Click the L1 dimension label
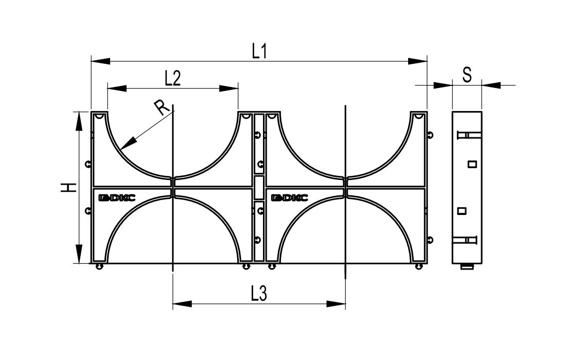(x=259, y=51)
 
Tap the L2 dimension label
(x=172, y=78)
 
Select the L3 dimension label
(x=259, y=294)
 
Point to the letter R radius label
(x=162, y=107)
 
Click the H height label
(x=68, y=187)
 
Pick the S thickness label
(x=467, y=75)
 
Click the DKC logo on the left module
(x=117, y=197)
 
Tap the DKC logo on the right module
(x=289, y=197)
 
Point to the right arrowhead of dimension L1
(x=418, y=61)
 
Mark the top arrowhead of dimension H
(x=78, y=121)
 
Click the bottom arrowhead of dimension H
(x=78, y=254)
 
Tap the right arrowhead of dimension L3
(x=336, y=304)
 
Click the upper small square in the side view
(x=472, y=165)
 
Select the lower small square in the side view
(x=462, y=211)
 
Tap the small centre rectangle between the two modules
(x=259, y=187)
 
